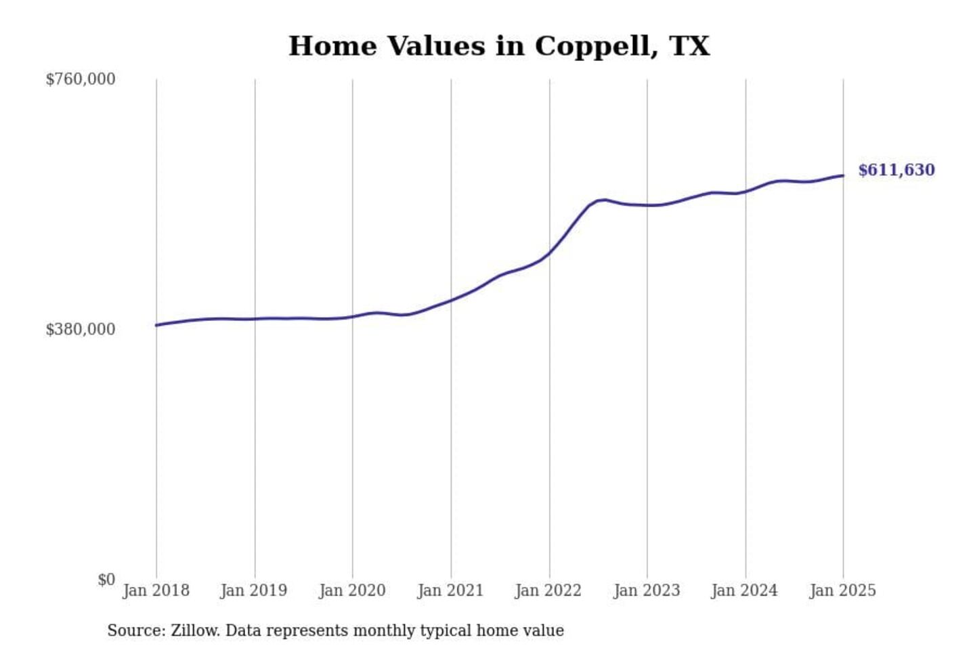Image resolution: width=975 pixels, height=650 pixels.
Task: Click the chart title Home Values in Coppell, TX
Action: [x=499, y=46]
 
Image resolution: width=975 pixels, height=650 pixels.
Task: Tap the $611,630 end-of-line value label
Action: [x=896, y=170]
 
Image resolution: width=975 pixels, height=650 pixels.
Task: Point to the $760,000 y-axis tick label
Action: [x=81, y=79]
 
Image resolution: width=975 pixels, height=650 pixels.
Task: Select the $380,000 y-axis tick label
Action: [x=81, y=329]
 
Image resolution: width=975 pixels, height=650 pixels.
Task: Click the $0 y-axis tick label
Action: [x=106, y=580]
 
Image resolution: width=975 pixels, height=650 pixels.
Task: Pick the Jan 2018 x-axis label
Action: [x=156, y=590]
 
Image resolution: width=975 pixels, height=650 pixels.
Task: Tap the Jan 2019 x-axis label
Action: [x=254, y=590]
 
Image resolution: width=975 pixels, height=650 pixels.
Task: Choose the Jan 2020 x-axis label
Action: [x=352, y=590]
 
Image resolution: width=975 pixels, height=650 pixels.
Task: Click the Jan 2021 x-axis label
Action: [x=450, y=590]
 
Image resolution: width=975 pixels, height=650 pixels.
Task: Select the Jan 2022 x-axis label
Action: [x=548, y=590]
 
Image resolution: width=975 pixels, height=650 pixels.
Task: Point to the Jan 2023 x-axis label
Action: [x=647, y=590]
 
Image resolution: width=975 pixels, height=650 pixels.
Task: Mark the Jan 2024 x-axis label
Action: [x=745, y=590]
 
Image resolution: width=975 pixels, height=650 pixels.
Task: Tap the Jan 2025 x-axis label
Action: [x=843, y=590]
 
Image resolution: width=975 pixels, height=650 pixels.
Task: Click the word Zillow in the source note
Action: [x=195, y=630]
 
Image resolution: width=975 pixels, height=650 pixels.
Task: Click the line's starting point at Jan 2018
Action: [x=156, y=325]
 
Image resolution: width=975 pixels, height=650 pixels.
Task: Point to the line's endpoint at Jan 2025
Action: [x=843, y=176]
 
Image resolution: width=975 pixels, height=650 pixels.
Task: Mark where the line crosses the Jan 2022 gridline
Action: [x=549, y=253]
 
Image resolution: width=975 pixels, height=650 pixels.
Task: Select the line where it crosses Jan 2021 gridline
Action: [x=451, y=300]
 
